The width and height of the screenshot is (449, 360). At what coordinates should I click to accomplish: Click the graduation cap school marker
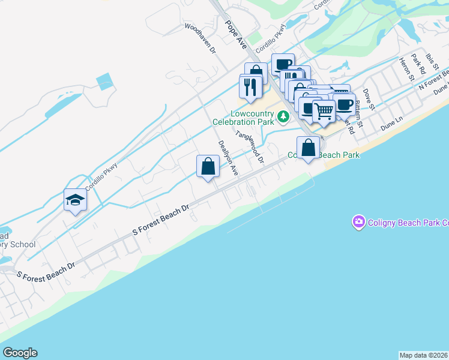[76, 200]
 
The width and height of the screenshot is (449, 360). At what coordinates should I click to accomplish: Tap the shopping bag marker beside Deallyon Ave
[208, 166]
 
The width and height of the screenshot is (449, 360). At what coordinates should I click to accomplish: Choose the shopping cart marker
[324, 110]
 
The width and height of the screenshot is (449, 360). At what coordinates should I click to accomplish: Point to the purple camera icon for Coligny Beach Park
[358, 223]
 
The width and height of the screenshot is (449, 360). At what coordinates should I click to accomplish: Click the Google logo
[20, 353]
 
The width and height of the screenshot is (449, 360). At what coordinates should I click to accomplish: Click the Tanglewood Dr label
[250, 147]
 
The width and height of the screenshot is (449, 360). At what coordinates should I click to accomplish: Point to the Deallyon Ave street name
[228, 158]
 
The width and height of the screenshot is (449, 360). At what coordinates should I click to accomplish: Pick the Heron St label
[407, 69]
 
